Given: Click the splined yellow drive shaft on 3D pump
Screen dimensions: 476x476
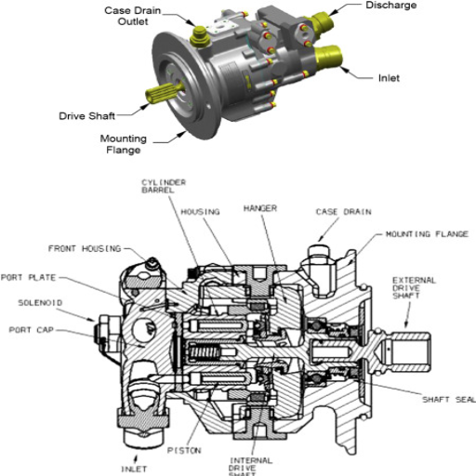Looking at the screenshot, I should [x=161, y=96].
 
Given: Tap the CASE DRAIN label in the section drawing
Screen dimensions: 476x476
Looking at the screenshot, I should [x=338, y=212].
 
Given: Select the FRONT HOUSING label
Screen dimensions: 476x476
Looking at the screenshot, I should [x=84, y=248].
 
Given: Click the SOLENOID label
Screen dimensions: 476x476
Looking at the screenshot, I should [x=39, y=303].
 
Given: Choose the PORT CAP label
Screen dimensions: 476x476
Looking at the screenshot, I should [x=33, y=328].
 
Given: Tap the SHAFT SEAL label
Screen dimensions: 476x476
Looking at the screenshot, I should [x=447, y=400].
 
